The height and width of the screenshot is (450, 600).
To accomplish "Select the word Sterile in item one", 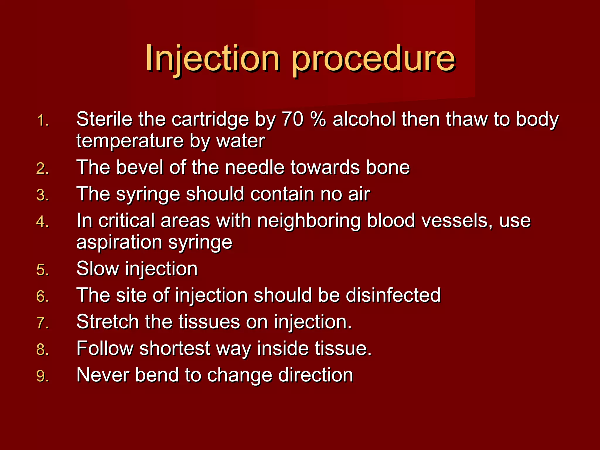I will (x=104, y=119).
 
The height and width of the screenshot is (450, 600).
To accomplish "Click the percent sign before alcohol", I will (x=318, y=119).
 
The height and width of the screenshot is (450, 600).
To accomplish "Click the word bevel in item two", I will (x=139, y=167).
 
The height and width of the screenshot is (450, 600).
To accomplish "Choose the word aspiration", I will (x=119, y=242).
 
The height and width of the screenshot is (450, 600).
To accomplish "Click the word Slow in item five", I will (x=98, y=268).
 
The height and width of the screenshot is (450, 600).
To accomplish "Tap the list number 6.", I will (x=42, y=296).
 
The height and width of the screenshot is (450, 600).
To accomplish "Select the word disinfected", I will (x=393, y=295).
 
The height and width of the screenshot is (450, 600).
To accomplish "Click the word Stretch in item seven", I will (x=107, y=322).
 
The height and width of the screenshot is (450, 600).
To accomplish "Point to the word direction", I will (x=316, y=375).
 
